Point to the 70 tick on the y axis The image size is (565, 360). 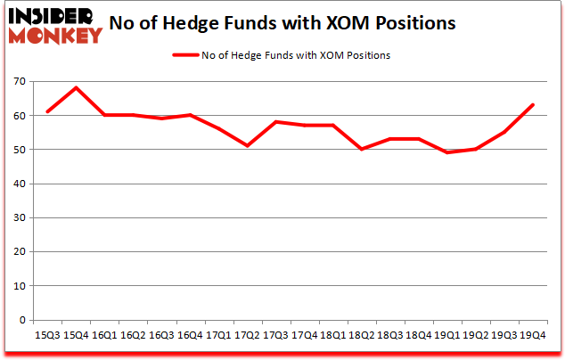pyautogui.click(x=18, y=82)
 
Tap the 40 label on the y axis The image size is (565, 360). pyautogui.click(x=18, y=184)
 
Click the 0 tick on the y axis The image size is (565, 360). pyautogui.click(x=21, y=320)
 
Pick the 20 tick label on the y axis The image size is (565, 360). pyautogui.click(x=18, y=252)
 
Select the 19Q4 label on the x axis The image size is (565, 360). pyautogui.click(x=533, y=336)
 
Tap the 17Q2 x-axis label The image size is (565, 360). pyautogui.click(x=247, y=336)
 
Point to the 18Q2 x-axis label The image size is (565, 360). pyautogui.click(x=361, y=336)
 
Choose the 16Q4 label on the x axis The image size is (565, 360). pyautogui.click(x=190, y=336)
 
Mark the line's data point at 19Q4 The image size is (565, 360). pyautogui.click(x=533, y=104)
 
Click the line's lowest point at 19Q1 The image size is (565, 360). pyautogui.click(x=447, y=152)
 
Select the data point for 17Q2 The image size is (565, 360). pyautogui.click(x=247, y=145)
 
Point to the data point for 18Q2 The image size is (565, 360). pyautogui.click(x=361, y=149)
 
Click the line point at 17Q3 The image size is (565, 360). pyautogui.click(x=275, y=121)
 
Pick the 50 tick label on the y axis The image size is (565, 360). pyautogui.click(x=18, y=150)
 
